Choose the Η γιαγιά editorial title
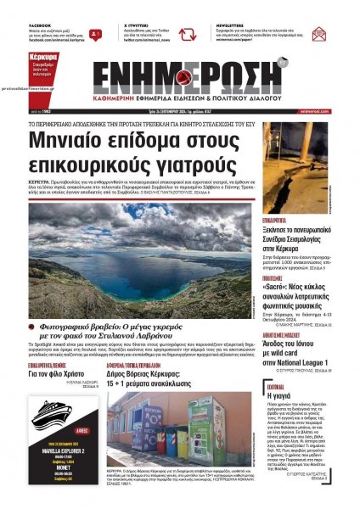coord(280,394)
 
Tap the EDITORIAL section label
coord(274,384)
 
